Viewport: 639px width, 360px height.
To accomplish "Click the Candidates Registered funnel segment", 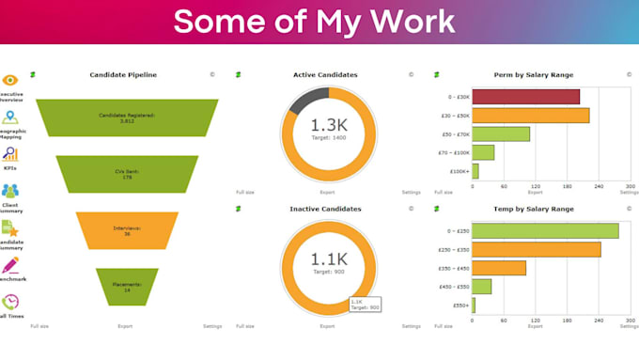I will click(127, 117).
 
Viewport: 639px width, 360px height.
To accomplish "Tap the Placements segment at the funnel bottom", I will click(127, 287).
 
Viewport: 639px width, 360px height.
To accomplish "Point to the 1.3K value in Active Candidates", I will click(329, 124).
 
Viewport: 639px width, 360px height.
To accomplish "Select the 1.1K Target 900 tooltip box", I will click(364, 304).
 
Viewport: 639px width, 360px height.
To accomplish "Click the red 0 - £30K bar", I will click(525, 96).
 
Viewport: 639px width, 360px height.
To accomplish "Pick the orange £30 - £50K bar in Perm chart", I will click(530, 115).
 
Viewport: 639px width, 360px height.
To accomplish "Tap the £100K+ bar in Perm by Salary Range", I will click(475, 171).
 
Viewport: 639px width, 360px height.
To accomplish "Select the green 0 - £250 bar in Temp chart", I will click(545, 230).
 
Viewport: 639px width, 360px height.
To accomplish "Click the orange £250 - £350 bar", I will click(536, 249).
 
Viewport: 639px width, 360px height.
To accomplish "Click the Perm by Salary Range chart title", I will click(533, 74).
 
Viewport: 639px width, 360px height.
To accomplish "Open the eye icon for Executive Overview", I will click(10, 82).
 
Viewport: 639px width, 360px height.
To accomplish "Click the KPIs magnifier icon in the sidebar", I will click(10, 154).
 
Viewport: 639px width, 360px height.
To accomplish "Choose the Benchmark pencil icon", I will click(10, 266).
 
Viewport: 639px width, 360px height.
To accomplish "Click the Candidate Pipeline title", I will click(123, 74).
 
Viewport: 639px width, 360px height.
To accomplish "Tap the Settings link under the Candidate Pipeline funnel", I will click(212, 325).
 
